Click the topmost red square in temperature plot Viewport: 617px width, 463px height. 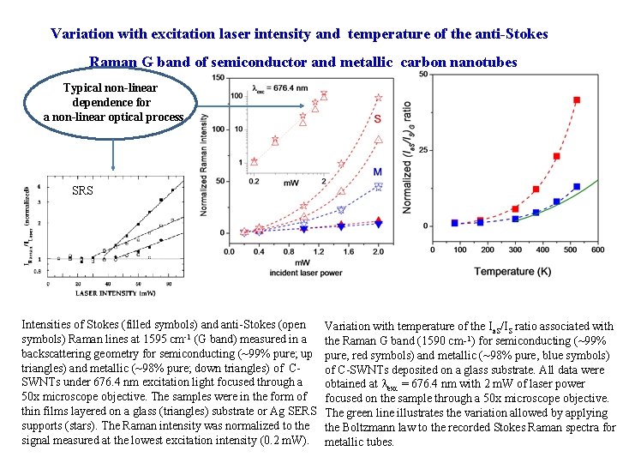click(x=577, y=100)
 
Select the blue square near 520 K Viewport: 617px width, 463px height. click(x=577, y=186)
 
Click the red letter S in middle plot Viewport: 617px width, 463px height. click(x=378, y=118)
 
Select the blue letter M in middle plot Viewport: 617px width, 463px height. click(x=378, y=172)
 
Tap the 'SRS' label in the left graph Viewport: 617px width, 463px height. click(x=82, y=189)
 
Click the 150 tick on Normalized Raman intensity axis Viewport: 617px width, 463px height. click(x=218, y=78)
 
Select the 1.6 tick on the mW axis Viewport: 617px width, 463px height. click(x=349, y=251)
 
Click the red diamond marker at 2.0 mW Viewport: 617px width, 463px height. click(x=379, y=219)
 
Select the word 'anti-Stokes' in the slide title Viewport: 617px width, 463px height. click(x=511, y=34)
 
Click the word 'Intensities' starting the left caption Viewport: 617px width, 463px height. click(x=49, y=325)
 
